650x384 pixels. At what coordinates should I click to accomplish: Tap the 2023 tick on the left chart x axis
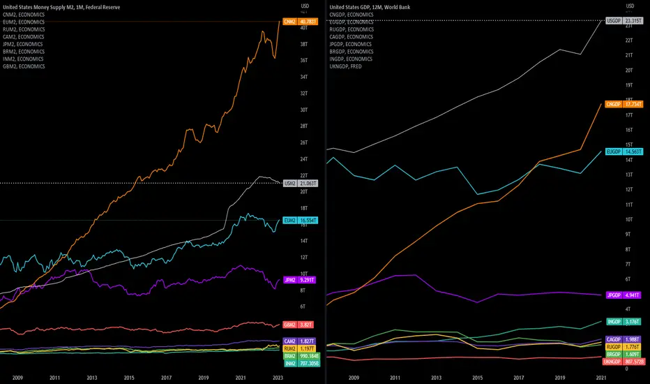click(277, 377)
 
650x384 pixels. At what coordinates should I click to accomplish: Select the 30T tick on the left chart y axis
click(304, 110)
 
